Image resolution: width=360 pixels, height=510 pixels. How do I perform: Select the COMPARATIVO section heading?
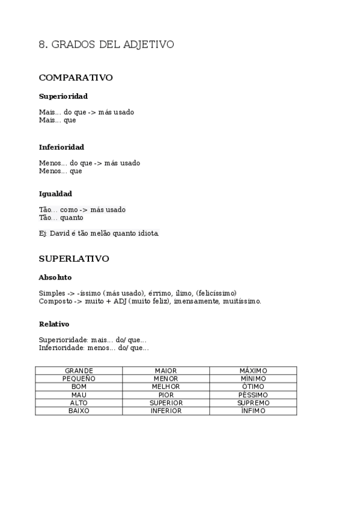[76, 78]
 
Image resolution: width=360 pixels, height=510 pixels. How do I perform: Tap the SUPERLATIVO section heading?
[74, 259]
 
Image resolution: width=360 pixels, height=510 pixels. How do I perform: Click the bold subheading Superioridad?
[63, 96]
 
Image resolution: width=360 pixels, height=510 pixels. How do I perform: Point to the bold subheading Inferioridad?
[61, 147]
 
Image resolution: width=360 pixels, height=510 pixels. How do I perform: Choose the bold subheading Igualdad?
[55, 194]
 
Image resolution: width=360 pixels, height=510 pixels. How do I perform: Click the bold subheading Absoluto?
[55, 277]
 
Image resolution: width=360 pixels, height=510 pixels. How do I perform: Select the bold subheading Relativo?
[54, 324]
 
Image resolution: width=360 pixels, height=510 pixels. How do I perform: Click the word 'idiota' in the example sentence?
[147, 233]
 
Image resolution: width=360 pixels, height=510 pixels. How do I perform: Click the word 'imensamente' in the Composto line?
[195, 301]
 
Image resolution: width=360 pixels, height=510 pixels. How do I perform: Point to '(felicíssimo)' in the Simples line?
[216, 293]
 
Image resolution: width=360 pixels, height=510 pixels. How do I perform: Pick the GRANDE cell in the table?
[79, 370]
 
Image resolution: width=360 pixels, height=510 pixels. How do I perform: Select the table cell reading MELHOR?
[166, 387]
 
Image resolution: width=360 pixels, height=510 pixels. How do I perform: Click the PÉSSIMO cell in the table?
[253, 395]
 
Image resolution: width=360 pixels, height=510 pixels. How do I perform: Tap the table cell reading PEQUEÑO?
[79, 378]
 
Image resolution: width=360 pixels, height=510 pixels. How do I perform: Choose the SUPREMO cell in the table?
[253, 402]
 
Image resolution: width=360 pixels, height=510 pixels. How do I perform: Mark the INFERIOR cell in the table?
[166, 411]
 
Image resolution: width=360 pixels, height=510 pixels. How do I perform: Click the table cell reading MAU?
[79, 395]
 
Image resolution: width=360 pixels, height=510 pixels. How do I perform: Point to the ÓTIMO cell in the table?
[253, 387]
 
